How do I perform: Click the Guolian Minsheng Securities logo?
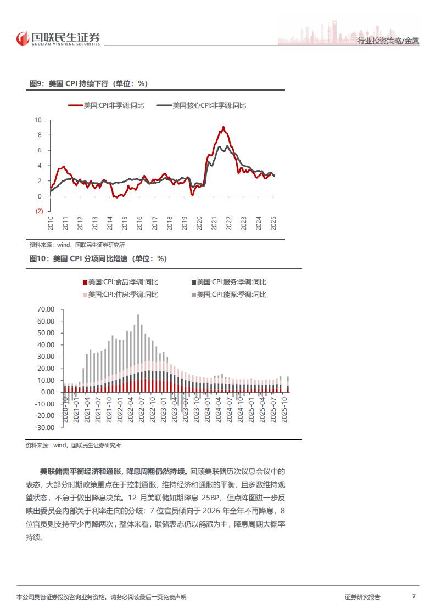pos(58,38)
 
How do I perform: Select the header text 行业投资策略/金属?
pos(388,42)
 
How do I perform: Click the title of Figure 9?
pos(88,83)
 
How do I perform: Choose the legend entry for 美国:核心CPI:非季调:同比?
pos(201,105)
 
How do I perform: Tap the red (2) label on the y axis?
pos(39,211)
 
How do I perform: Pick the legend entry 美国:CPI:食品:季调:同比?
pos(120,282)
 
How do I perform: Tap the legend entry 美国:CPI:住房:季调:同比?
pos(120,295)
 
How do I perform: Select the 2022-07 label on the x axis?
pos(140,410)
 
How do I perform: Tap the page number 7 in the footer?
pos(413,597)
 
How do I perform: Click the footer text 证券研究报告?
pos(362,597)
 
